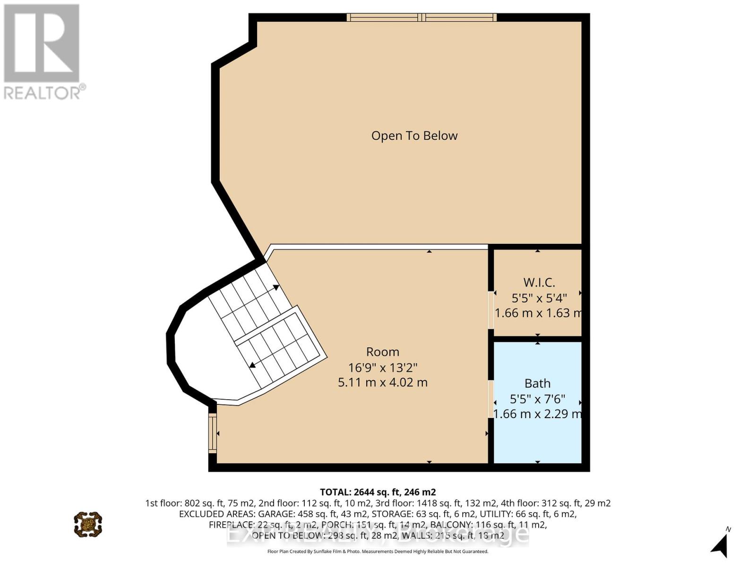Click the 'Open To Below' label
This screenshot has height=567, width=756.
pos(414,136)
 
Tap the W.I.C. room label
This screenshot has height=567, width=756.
pos(539,283)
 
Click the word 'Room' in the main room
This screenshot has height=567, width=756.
pos(382,352)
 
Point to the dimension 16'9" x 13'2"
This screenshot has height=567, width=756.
pos(382,367)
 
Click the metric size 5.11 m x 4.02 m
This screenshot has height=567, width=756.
pos(382,382)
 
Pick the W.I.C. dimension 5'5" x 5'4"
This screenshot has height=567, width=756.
pos(539,298)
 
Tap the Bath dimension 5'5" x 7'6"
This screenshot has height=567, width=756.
pos(538,399)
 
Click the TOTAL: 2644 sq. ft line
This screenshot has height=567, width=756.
pos(378,492)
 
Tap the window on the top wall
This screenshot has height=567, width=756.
pos(421,17)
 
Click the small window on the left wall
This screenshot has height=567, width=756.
pos(213,433)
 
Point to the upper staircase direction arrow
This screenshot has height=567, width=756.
pos(275,287)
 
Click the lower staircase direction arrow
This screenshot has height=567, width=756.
pos(253,364)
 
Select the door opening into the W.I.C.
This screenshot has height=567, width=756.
pos(490,310)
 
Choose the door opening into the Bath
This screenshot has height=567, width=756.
pos(490,398)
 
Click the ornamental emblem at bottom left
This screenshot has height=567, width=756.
pos(88,524)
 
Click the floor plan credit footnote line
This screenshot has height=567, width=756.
pos(378,551)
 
